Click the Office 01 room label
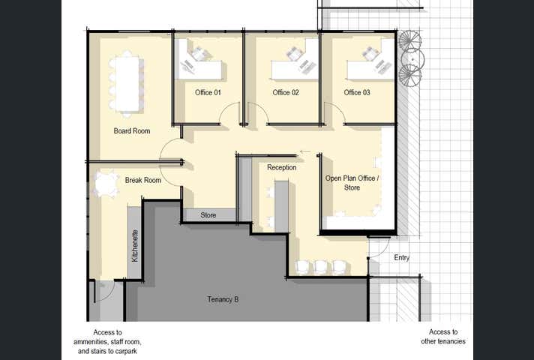point(208,92)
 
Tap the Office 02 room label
point(286,92)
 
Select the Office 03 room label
point(357,92)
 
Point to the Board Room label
point(132,130)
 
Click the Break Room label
point(143,180)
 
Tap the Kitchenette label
point(135,246)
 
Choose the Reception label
point(282,167)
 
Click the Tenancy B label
point(223,299)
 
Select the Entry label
point(401,257)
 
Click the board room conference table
point(127,84)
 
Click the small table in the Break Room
point(106,184)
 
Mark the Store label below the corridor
point(208,215)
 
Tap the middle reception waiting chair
point(321,267)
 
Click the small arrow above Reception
point(305,151)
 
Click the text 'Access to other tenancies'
point(443,337)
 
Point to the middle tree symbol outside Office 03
point(412,59)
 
